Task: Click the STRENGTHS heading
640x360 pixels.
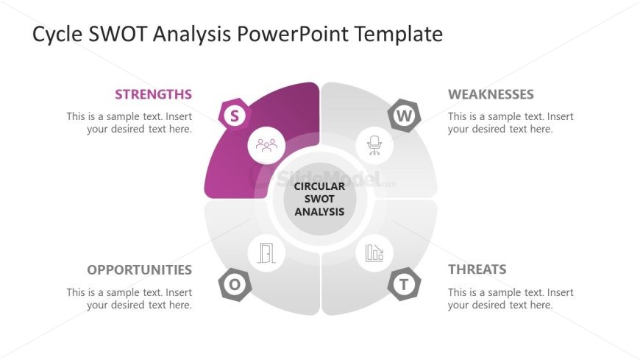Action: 153,94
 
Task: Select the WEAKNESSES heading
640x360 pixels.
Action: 491,94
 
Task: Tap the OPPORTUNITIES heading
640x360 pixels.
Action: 139,269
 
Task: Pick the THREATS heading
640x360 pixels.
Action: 477,269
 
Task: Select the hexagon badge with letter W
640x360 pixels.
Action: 405,115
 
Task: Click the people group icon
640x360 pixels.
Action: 266,144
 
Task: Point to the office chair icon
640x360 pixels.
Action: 374,144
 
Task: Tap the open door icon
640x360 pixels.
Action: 266,254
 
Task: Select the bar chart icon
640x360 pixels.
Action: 374,253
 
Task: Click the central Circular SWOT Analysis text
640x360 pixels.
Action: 319,199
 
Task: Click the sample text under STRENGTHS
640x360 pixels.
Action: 129,122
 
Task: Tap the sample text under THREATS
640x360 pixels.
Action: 511,298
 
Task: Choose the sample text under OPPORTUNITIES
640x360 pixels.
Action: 129,298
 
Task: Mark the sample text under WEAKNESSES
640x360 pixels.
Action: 511,122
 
